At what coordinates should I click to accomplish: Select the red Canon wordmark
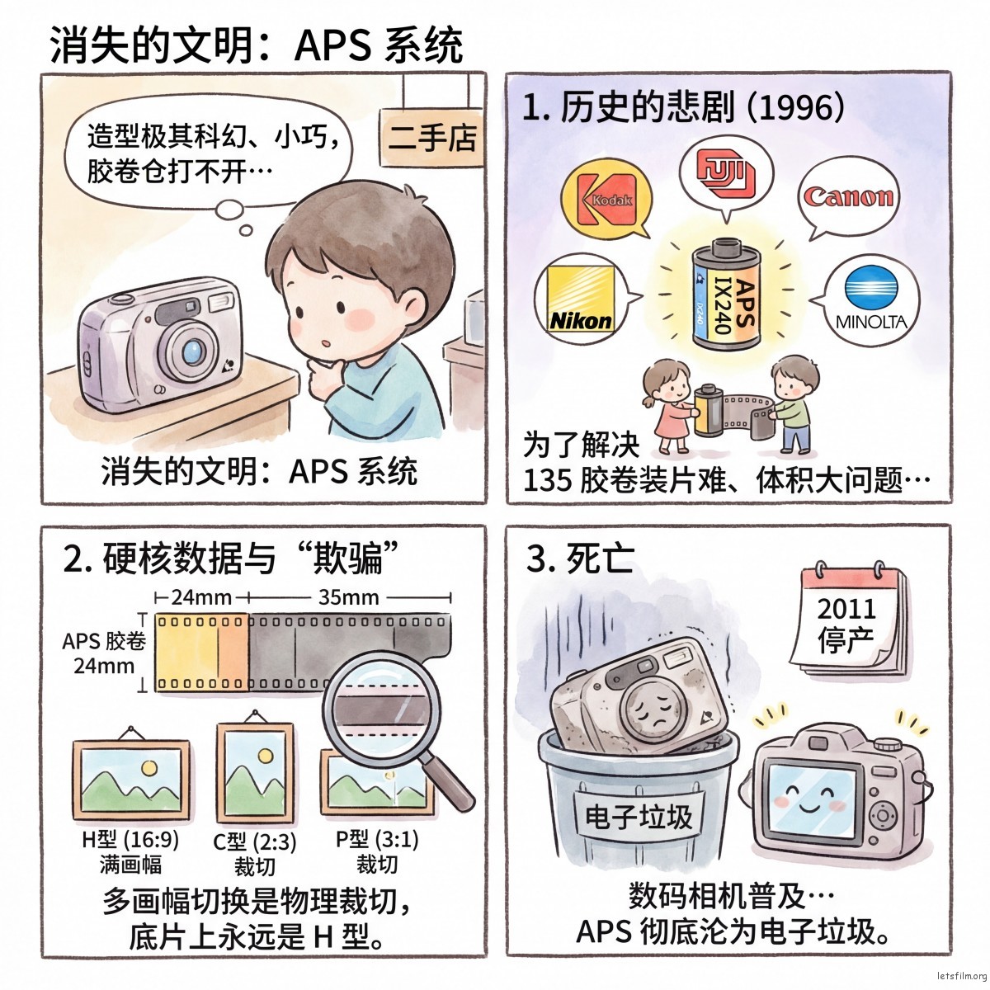(848, 197)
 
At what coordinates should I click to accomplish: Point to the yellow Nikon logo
(581, 299)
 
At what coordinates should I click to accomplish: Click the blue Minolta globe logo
(871, 285)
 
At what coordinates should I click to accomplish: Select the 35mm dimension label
(348, 597)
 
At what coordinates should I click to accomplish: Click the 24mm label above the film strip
(201, 597)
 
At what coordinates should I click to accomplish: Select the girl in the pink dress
(668, 406)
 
